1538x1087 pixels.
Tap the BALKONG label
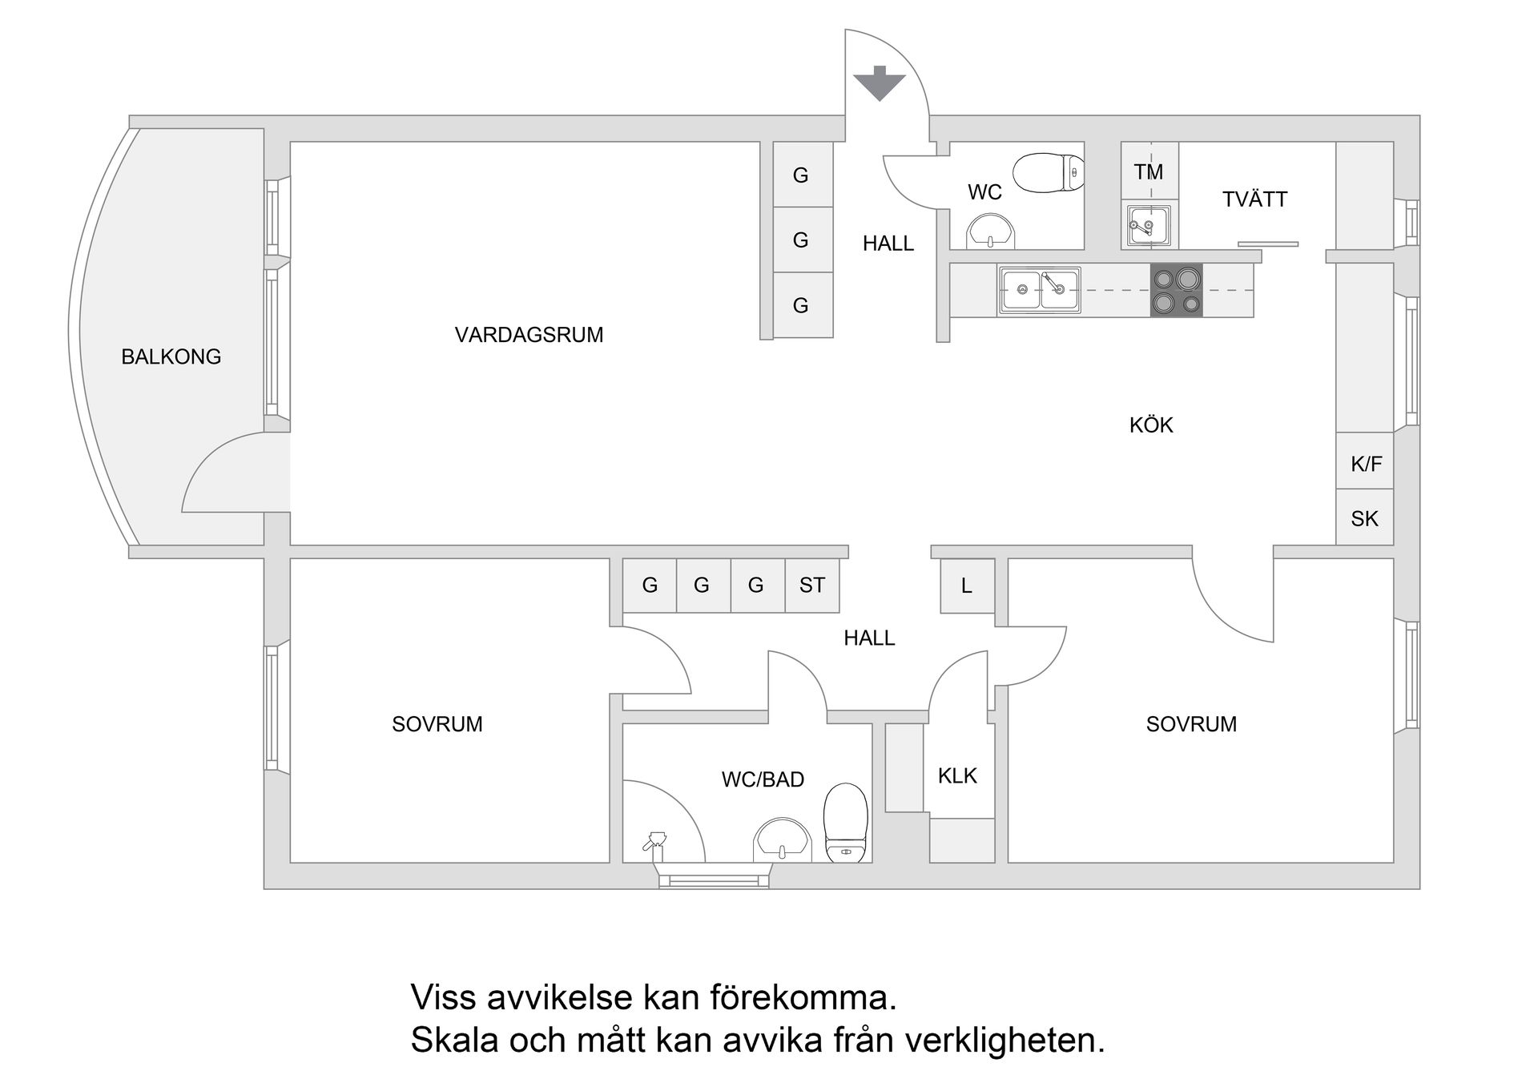pos(171,356)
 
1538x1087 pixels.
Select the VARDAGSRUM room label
pos(529,335)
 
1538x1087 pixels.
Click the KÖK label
pos(1151,425)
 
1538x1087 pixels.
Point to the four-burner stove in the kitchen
pos(1176,291)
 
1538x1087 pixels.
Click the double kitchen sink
pos(1039,290)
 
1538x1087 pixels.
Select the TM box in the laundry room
pos(1149,171)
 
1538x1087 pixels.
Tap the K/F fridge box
pos(1365,463)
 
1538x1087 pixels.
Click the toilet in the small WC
pos(1049,171)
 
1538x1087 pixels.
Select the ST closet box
pos(811,586)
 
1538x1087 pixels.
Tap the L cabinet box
pos(966,586)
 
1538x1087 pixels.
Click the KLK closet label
pos(957,775)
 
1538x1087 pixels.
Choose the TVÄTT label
pos(1254,199)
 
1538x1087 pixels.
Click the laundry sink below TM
pos(1149,226)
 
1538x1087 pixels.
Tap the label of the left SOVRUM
pos(437,724)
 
